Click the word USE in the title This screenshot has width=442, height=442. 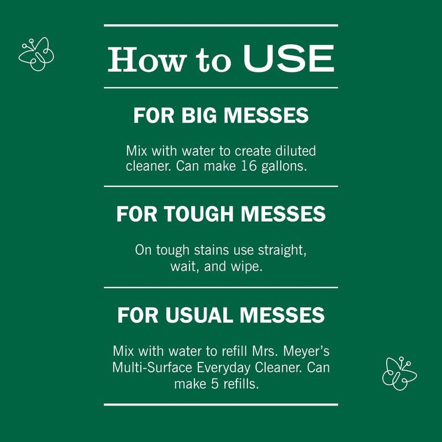tap(288, 59)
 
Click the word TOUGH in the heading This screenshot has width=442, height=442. tap(199, 214)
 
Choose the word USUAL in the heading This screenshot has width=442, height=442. tap(199, 314)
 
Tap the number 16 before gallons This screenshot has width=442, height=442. tap(249, 166)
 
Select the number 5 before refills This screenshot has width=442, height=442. tap(215, 383)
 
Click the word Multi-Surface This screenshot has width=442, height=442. tap(152, 367)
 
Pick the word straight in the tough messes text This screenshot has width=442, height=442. tap(282, 250)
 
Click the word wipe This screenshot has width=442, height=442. tap(246, 267)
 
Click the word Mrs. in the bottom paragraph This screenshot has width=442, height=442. tap(265, 351)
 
